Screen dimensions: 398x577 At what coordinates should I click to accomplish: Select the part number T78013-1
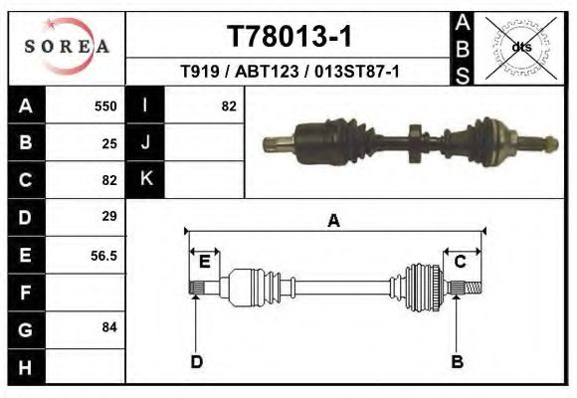click(x=288, y=37)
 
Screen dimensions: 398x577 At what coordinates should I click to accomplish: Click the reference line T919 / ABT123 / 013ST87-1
click(x=288, y=72)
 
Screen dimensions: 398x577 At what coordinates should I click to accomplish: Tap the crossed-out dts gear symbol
click(x=519, y=47)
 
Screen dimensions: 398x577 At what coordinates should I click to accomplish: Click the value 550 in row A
click(x=105, y=106)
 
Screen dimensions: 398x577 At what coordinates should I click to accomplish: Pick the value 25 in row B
click(x=109, y=143)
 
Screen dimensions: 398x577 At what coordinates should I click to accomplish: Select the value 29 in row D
click(x=109, y=217)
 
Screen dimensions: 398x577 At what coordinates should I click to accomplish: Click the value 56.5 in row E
click(x=104, y=255)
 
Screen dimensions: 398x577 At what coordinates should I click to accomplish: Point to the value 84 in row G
click(x=109, y=327)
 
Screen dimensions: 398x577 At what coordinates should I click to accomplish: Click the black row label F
click(x=25, y=293)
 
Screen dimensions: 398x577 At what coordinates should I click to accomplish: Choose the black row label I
click(x=145, y=106)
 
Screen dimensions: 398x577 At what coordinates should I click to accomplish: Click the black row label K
click(x=145, y=180)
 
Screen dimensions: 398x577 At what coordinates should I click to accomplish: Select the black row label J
click(x=145, y=143)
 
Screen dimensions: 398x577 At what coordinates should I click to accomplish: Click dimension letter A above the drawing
click(x=333, y=221)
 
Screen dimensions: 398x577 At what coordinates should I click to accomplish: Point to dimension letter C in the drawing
click(x=461, y=262)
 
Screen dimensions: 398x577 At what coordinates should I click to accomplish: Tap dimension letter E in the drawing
click(x=204, y=262)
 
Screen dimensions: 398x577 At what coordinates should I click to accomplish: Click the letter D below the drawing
click(x=197, y=361)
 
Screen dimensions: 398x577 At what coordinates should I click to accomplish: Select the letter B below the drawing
click(x=457, y=361)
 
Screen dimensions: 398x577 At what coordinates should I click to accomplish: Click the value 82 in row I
click(x=229, y=106)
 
